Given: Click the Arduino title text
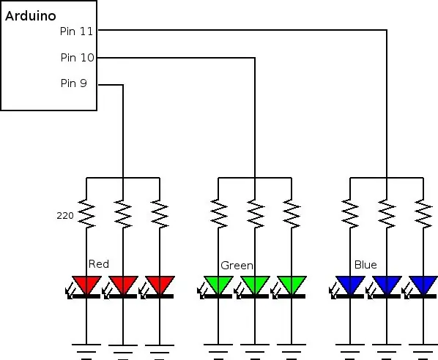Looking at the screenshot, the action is coord(31,16).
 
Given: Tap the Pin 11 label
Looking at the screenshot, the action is coord(76,31).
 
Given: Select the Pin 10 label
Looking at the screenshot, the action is coord(78,58).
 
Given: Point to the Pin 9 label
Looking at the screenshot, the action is coord(74,83).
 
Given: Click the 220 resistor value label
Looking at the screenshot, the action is coord(65,215).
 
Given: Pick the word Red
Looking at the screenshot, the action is coord(99,264).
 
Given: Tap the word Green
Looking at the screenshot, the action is coord(237,266).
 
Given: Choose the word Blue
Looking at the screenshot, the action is coord(365,265).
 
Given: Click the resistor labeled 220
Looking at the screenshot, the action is coord(86,214).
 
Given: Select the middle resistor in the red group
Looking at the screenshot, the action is coord(123,214).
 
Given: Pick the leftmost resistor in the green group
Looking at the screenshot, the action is coord(219,214).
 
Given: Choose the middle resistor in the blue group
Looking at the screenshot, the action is coord(387,214).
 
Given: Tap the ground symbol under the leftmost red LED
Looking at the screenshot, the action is coord(86,352).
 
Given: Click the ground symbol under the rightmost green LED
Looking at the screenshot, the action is coord(292,352).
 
